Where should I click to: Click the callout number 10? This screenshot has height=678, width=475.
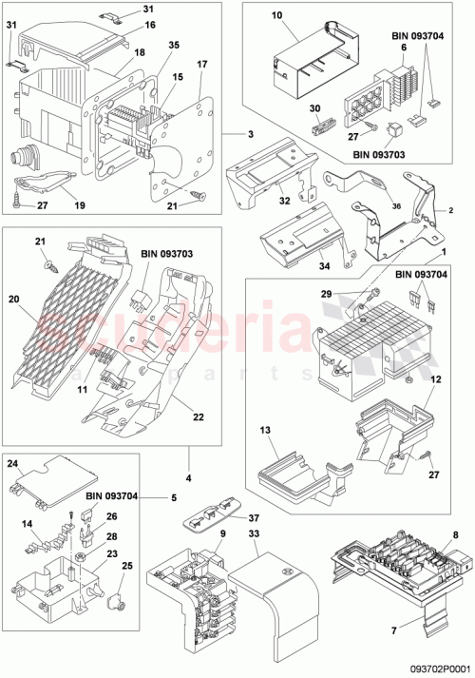[x=277, y=16]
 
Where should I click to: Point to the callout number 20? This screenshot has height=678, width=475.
[x=13, y=299]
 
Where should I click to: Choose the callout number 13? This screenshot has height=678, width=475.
[x=266, y=430]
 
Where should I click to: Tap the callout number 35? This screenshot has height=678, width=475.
[x=173, y=45]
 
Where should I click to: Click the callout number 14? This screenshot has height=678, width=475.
[x=28, y=524]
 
